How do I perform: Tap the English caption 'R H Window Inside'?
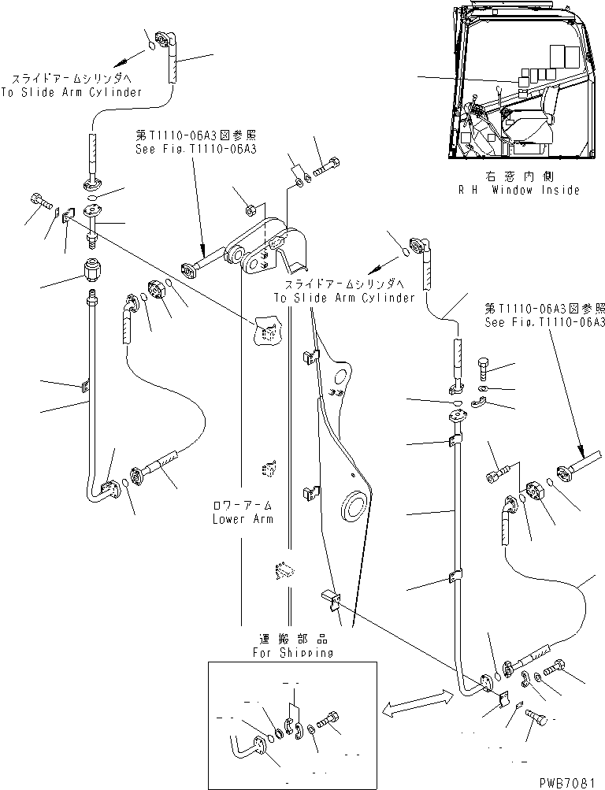[x=519, y=190]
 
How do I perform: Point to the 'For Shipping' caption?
[x=293, y=653]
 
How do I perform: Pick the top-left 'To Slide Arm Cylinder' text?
[x=76, y=91]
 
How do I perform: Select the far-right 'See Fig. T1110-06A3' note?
[x=545, y=323]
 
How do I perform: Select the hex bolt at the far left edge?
[x=38, y=202]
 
